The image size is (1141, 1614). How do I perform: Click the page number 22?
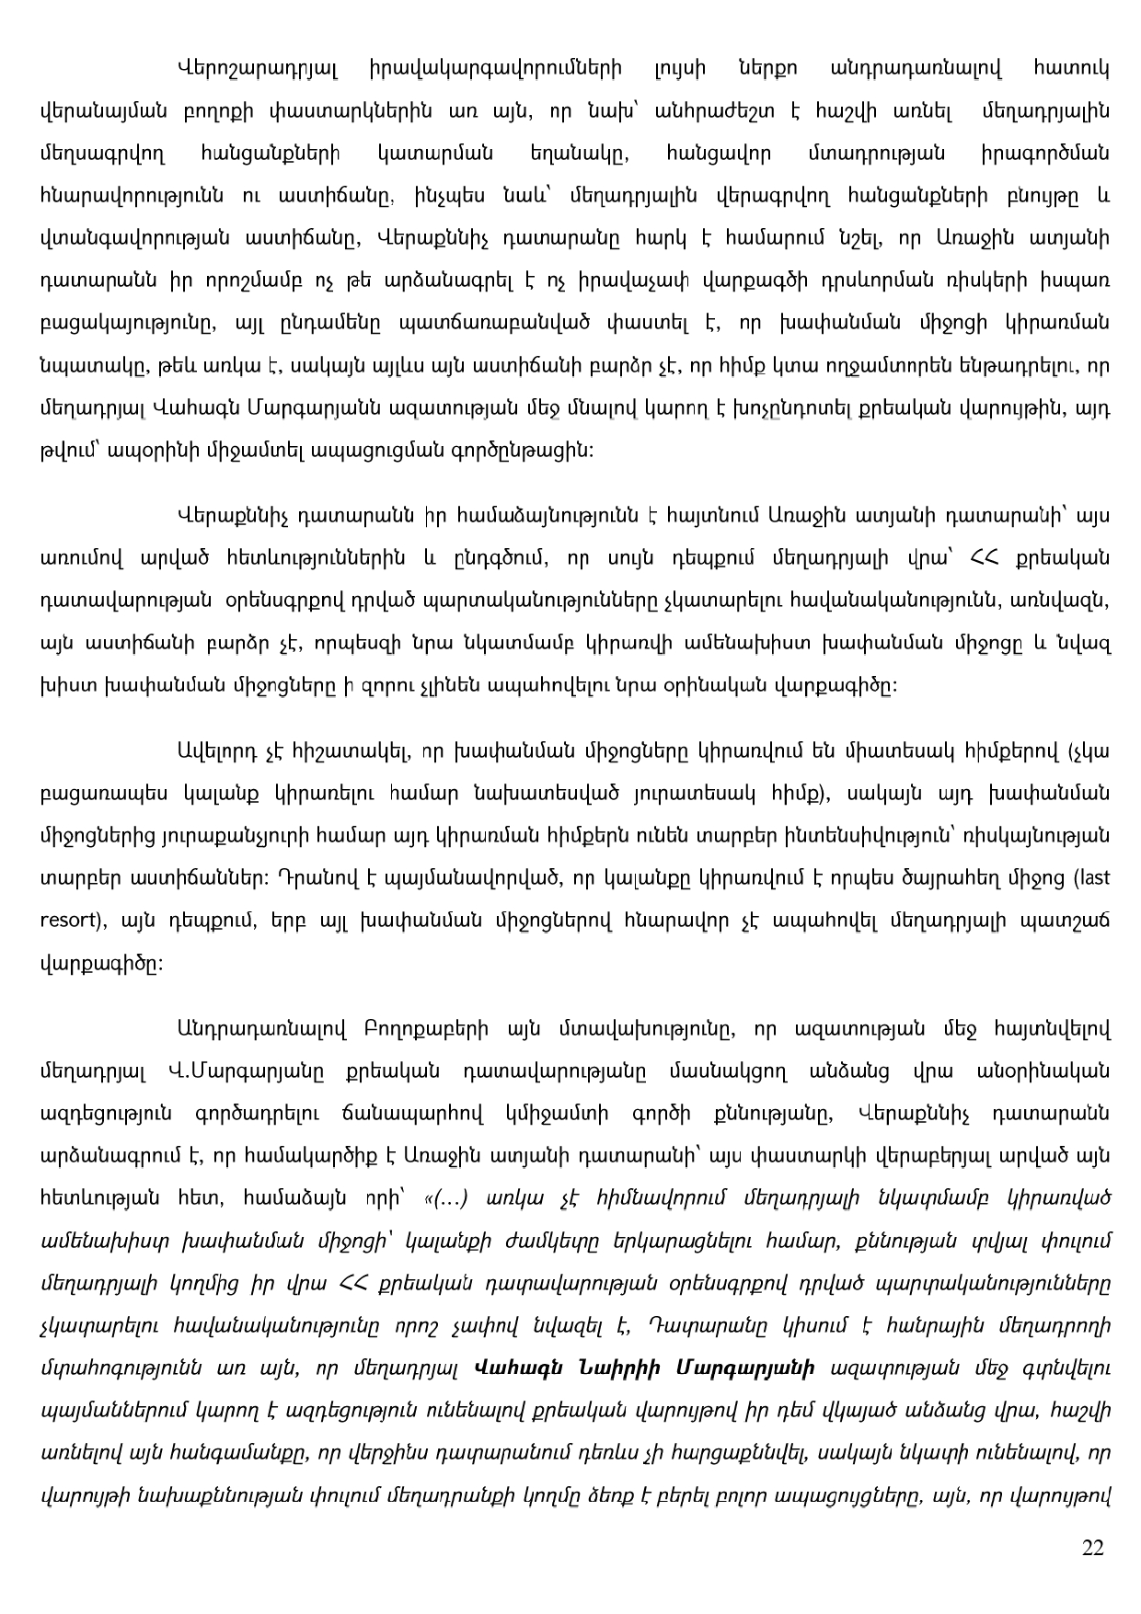1092,1547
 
